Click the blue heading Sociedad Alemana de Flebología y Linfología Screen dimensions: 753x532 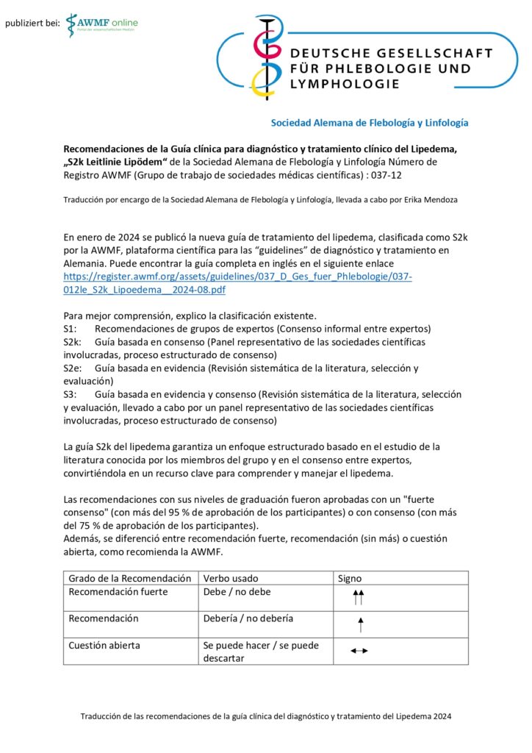[x=370, y=123]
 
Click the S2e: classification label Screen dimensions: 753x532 [x=73, y=368]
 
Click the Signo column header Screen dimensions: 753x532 [x=350, y=578]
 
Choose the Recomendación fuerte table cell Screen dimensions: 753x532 [x=118, y=591]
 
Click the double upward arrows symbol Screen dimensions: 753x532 [x=359, y=597]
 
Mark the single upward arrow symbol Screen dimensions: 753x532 [x=360, y=625]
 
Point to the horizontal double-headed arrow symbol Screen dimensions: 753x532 [x=359, y=651]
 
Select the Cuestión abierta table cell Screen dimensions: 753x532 [x=104, y=645]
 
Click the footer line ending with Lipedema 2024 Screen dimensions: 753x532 [x=266, y=715]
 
